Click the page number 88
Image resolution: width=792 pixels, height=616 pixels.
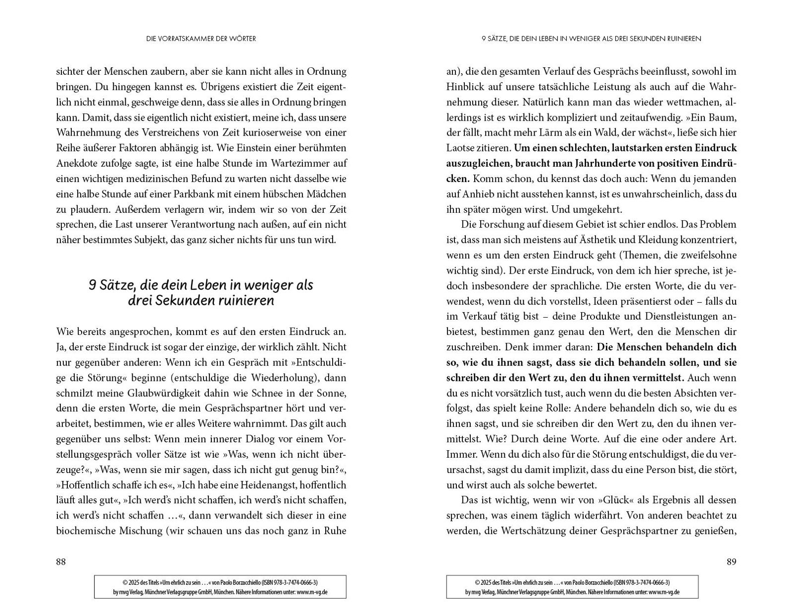coord(61,562)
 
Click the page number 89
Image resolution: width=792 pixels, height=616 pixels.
coord(731,562)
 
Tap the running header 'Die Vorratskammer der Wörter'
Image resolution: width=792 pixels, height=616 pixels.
coord(201,39)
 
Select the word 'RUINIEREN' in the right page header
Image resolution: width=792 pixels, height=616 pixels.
coord(681,39)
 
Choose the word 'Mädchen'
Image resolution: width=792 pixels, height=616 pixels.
coord(322,194)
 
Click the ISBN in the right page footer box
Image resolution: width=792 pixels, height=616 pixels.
coord(643,582)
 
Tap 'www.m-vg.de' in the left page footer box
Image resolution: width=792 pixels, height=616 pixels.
coord(312,592)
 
